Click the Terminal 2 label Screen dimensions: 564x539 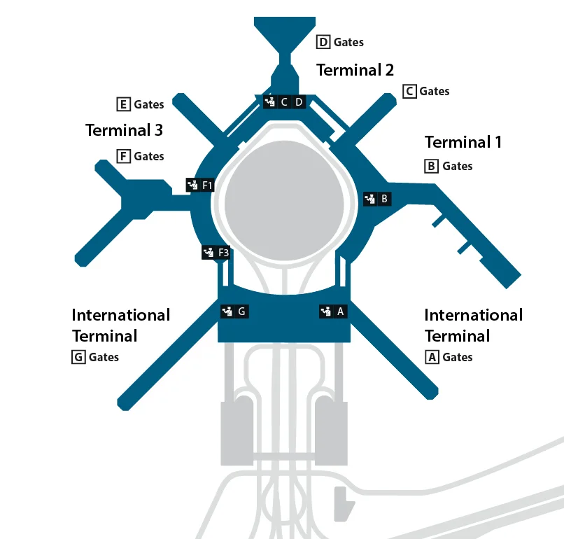pyautogui.click(x=355, y=70)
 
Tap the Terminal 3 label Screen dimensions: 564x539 pyautogui.click(x=124, y=130)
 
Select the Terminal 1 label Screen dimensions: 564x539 pyautogui.click(x=463, y=142)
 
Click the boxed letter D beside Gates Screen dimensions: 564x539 pyautogui.click(x=323, y=42)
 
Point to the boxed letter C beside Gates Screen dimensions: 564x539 pyautogui.click(x=409, y=92)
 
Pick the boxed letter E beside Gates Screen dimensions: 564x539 pyautogui.click(x=123, y=105)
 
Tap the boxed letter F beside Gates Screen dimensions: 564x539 pyautogui.click(x=123, y=157)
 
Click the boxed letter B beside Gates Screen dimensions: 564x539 pyautogui.click(x=431, y=166)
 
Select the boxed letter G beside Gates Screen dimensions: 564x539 pyautogui.click(x=78, y=357)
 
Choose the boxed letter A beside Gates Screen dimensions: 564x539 pyautogui.click(x=432, y=357)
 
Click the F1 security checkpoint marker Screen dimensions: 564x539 pyautogui.click(x=200, y=185)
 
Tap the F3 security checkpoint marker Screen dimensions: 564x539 pyautogui.click(x=216, y=253)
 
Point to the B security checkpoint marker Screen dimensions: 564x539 pyautogui.click(x=377, y=199)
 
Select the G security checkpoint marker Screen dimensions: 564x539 pyautogui.click(x=234, y=311)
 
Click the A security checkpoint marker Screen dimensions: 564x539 pyautogui.click(x=334, y=311)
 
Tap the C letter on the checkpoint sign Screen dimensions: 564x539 pyautogui.click(x=284, y=102)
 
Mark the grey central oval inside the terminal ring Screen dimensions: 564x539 pyautogui.click(x=284, y=200)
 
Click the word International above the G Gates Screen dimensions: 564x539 pyautogui.click(x=121, y=315)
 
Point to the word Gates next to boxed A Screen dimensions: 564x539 pyautogui.click(x=458, y=357)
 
